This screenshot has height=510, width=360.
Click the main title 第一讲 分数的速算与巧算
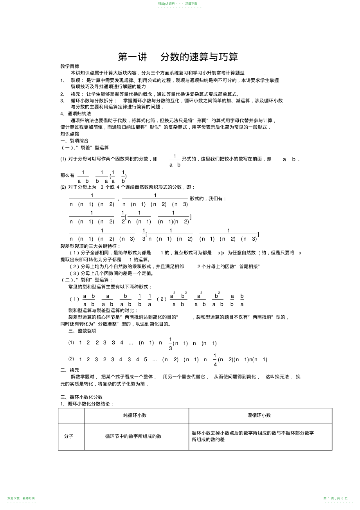pos(178,57)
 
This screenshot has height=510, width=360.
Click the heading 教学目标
pos(70,66)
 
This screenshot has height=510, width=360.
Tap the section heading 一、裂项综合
pos(74,141)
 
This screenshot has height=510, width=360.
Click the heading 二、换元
pos(70,370)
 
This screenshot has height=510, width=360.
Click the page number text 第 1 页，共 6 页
pos(335,498)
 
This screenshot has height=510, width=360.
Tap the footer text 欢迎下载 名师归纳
pos(21,498)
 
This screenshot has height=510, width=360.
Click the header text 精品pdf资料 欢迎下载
pos(178,3)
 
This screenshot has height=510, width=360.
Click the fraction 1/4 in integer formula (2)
pos(215,359)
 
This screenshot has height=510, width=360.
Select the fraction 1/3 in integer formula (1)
pos(170,343)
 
